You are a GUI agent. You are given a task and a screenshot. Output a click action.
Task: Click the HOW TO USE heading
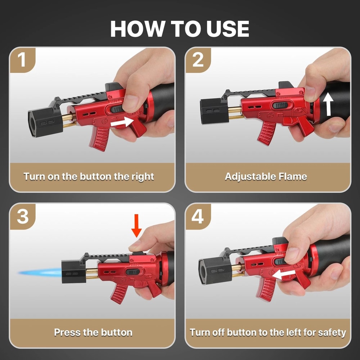(x=180, y=28)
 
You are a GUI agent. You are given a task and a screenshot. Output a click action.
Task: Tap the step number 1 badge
(x=22, y=60)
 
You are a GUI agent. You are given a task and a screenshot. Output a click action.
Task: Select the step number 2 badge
(x=198, y=60)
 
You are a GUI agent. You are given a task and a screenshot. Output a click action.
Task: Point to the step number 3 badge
(x=22, y=216)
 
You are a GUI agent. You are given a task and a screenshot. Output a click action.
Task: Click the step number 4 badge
(x=198, y=216)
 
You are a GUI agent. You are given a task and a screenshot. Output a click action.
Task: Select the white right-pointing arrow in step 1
(x=121, y=123)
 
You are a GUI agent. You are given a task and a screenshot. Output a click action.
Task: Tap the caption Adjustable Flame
(x=266, y=176)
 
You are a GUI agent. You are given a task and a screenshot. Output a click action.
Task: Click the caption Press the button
(x=93, y=332)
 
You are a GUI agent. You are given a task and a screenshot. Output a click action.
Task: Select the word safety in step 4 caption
(x=332, y=332)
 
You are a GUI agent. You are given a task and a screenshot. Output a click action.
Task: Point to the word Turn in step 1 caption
(x=33, y=176)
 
